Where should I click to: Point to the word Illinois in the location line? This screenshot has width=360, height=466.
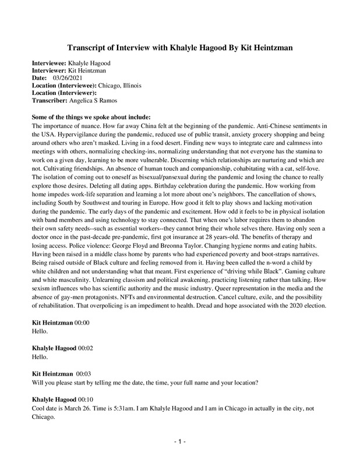tap(129, 85)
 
